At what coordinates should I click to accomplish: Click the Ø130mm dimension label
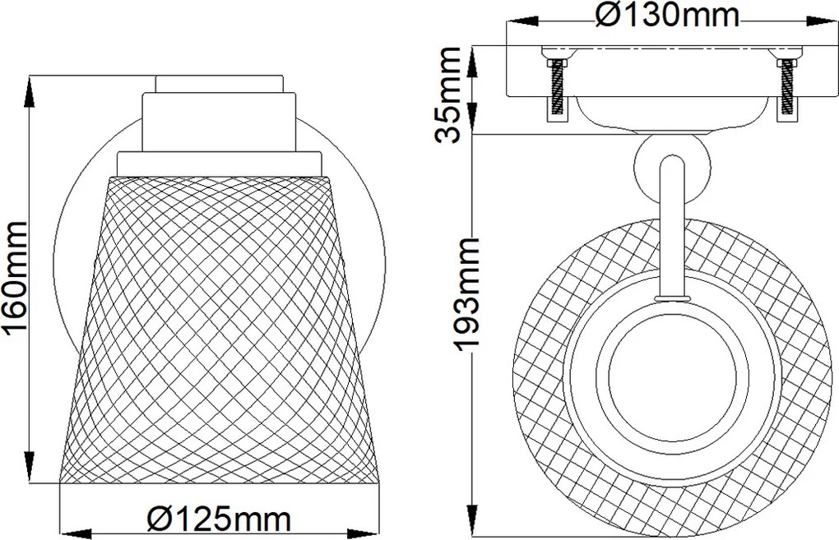[667, 16]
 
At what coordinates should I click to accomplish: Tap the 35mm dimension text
[447, 95]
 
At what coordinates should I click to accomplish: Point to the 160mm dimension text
[16, 279]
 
